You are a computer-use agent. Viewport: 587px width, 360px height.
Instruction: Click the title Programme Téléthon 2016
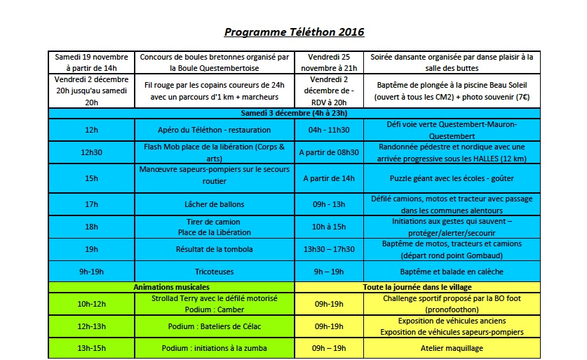(294, 32)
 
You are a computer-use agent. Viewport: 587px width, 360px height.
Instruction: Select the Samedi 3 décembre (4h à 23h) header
(294, 113)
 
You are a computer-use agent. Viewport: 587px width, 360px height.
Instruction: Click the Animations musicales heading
(172, 287)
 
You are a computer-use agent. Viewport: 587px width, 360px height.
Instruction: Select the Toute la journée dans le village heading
(417, 287)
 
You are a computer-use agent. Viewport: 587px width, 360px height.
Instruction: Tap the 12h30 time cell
(92, 152)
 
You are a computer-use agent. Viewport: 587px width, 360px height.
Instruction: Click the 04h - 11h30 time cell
(329, 130)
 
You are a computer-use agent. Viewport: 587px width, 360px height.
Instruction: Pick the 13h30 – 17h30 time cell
(329, 249)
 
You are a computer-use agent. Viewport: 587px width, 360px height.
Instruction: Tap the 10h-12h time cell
(92, 303)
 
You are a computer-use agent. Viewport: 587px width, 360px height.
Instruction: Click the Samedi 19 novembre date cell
(92, 62)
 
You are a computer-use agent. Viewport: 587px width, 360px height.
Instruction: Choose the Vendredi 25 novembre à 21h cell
(329, 62)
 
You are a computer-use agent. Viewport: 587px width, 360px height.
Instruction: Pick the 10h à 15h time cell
(329, 227)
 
